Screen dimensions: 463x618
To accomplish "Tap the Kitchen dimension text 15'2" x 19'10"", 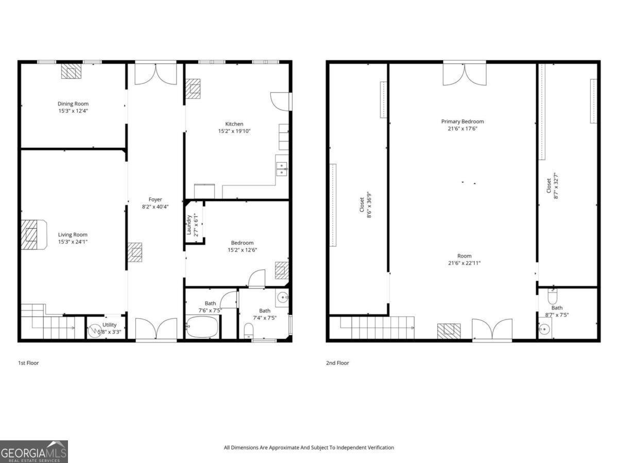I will pos(234,131).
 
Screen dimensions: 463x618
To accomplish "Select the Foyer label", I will pos(155,199).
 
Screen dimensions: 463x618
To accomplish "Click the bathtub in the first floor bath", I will pos(202,327).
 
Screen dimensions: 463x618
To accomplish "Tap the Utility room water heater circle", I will pos(95,330).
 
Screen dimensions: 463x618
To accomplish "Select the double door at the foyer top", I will pos(155,73).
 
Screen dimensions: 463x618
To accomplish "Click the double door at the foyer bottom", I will pos(156,329).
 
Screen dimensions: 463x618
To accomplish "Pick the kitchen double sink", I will pos(282,168).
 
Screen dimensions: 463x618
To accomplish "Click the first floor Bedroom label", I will pos(242,243).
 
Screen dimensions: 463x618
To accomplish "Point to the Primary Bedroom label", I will pos(462,122).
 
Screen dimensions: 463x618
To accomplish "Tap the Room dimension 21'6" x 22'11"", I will pos(464,263).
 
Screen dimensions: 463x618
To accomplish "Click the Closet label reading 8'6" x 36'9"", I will pos(366,205).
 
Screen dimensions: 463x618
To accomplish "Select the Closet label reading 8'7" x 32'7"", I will pos(552,186).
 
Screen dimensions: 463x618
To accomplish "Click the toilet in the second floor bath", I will pos(552,298).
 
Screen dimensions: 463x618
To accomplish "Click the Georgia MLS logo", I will pos(34,452).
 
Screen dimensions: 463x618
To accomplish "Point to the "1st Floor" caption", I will pos(28,363).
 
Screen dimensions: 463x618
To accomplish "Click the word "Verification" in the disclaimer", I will pos(377,448).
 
